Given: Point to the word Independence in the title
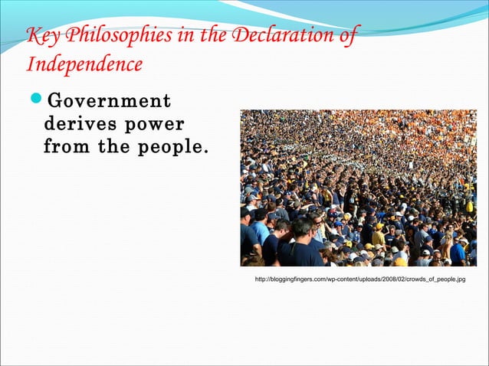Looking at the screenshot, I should point(84,64).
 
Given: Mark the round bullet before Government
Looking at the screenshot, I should point(35,102).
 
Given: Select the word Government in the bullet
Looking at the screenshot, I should point(109,102).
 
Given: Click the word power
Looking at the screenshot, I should point(156,124).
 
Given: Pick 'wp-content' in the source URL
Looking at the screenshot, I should point(340,280).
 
